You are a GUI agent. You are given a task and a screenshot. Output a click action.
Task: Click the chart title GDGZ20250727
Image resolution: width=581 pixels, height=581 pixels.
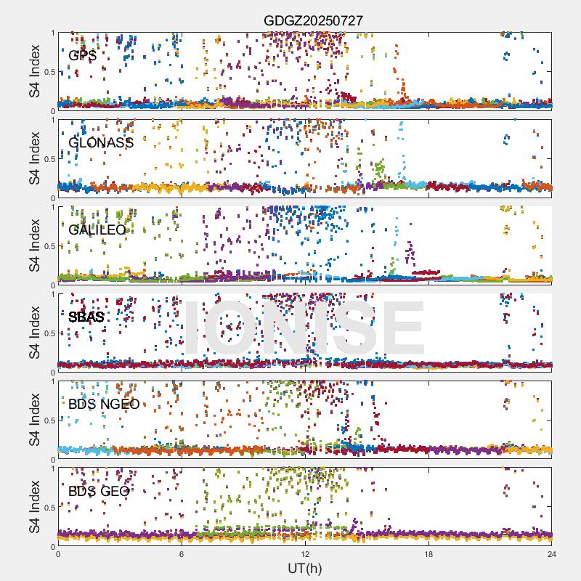(313, 21)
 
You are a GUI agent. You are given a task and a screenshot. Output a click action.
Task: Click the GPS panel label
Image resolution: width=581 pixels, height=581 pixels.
(82, 55)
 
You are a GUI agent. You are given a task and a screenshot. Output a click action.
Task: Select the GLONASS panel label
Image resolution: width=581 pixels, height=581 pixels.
(101, 142)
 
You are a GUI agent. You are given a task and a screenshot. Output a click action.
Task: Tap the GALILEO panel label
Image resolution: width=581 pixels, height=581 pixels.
(97, 229)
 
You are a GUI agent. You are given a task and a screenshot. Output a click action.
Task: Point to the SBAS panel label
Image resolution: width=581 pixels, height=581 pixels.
(86, 317)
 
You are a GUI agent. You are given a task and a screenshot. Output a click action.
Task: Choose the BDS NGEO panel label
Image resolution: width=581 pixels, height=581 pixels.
(104, 404)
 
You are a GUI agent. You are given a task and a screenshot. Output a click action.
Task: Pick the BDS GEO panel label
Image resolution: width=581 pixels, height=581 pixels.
(99, 491)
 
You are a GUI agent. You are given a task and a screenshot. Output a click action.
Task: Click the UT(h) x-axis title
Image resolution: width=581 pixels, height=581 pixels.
(304, 568)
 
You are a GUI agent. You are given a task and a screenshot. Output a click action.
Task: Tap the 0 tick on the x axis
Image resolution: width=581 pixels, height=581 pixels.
(58, 554)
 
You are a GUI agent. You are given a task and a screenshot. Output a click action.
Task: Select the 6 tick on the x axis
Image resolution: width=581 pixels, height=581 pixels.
(182, 554)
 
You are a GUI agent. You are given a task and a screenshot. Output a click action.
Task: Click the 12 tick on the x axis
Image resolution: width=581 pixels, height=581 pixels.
(305, 554)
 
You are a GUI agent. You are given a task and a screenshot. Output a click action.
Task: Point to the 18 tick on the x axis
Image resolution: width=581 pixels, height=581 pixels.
(428, 554)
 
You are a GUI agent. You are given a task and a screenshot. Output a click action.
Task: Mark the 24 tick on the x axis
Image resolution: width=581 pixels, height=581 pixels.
(552, 554)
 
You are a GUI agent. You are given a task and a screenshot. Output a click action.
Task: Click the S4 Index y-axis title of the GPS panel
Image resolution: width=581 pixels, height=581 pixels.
(35, 71)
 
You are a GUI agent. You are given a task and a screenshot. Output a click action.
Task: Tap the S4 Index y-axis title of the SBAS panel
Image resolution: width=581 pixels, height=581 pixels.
(35, 333)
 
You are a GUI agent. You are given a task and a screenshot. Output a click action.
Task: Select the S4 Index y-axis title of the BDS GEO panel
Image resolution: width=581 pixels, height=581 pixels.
(35, 507)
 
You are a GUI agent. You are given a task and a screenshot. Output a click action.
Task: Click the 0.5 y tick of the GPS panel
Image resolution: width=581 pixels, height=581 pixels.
(48, 72)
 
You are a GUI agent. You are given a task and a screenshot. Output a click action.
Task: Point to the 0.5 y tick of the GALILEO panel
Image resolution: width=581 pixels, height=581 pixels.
(48, 246)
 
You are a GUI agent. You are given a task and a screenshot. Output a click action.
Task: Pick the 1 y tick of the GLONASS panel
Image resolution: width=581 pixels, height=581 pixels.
(53, 120)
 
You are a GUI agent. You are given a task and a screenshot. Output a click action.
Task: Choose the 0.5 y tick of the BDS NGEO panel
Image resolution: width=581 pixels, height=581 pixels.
(48, 420)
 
